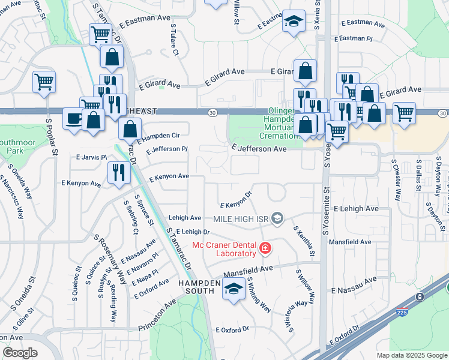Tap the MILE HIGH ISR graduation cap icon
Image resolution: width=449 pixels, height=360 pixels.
(x=277, y=218)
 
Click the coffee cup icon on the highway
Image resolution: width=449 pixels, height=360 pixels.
(x=74, y=118)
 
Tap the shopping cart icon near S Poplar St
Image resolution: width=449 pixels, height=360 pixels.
(x=44, y=81)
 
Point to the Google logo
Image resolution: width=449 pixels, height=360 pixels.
(x=20, y=353)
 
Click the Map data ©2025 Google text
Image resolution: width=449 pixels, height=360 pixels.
(x=412, y=355)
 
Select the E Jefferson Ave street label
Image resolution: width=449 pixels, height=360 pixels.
(x=259, y=148)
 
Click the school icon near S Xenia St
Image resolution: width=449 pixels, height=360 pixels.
(x=293, y=22)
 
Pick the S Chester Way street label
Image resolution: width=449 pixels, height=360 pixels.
(x=396, y=179)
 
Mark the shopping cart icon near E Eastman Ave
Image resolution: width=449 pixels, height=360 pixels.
(x=100, y=34)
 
